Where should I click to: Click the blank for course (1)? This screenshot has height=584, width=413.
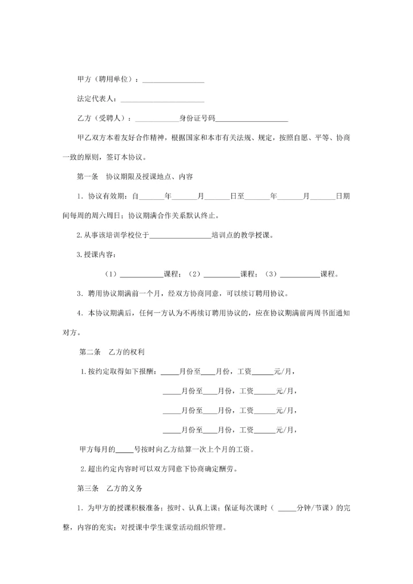click(x=141, y=274)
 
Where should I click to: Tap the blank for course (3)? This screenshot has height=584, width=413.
click(x=300, y=274)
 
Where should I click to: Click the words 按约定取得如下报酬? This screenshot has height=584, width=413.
click(x=123, y=372)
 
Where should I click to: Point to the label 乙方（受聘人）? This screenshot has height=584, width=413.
click(x=104, y=118)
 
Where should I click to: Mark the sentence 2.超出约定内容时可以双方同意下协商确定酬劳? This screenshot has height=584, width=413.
click(x=159, y=469)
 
